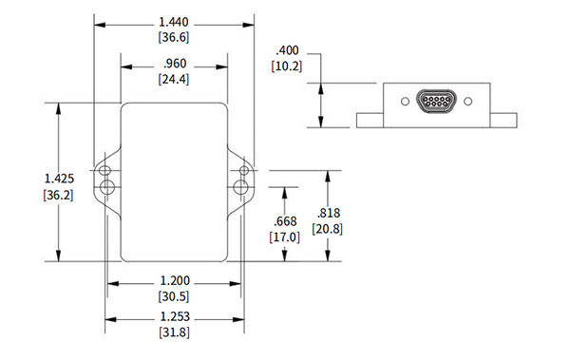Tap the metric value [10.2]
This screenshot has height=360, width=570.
288,66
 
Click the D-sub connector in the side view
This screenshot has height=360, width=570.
434,102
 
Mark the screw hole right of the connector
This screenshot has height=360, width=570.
465,102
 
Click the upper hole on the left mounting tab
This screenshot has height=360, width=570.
104,170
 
